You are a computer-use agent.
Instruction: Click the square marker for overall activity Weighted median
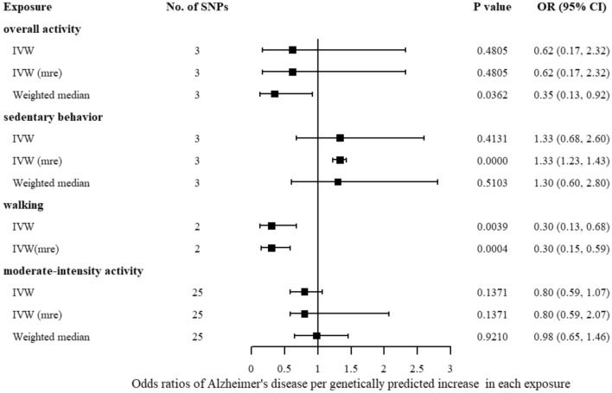tap(275, 94)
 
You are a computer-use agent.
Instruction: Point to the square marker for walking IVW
tap(271, 226)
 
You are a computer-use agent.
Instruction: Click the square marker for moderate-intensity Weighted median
tap(316, 336)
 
